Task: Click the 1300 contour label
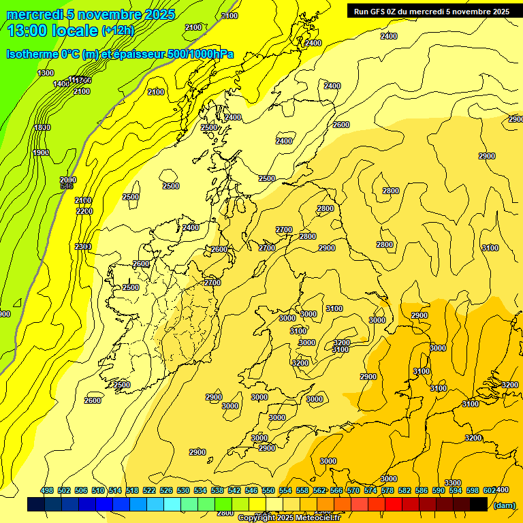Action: (x=46, y=73)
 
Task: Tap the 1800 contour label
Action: (x=42, y=127)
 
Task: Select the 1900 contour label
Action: (x=41, y=153)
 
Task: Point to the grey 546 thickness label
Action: (x=67, y=186)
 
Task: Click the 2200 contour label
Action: (x=84, y=211)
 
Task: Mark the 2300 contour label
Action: (x=83, y=247)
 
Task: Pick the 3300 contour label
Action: (x=453, y=483)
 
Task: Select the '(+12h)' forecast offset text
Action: (x=118, y=31)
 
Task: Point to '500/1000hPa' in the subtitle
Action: (x=197, y=54)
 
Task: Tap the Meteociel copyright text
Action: (x=289, y=518)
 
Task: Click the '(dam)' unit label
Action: (x=504, y=505)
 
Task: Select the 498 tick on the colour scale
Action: (x=47, y=490)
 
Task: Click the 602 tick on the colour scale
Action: (x=489, y=490)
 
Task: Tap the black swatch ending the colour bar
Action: (x=479, y=504)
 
